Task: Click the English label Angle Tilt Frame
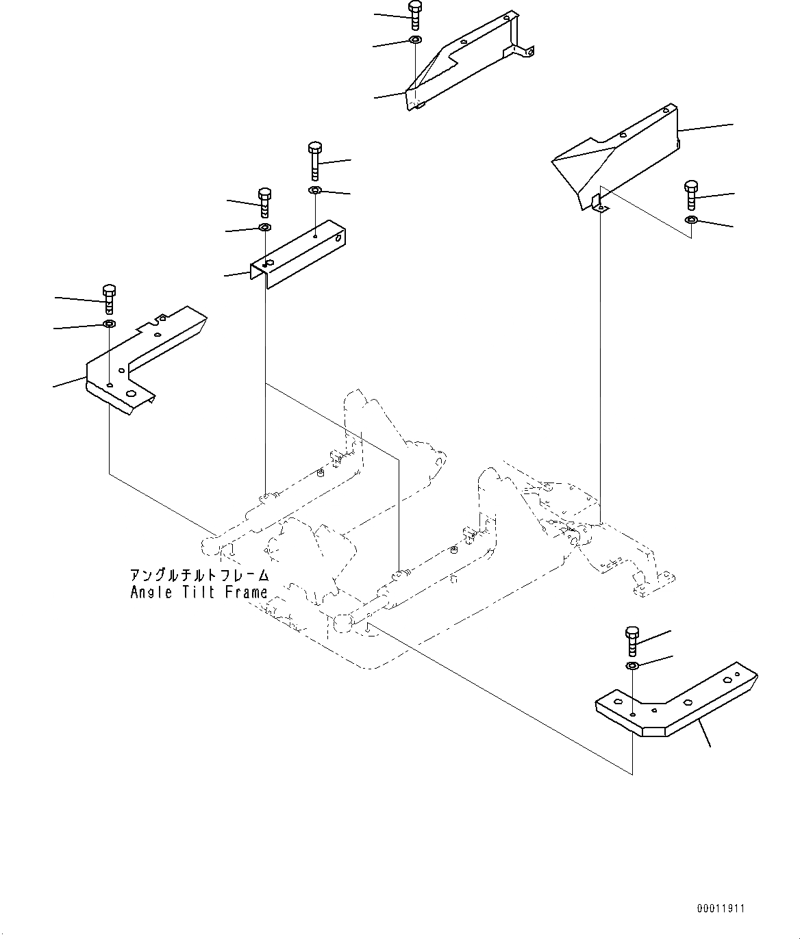click(199, 592)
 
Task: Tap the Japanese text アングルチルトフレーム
click(199, 576)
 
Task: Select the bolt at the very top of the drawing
click(414, 15)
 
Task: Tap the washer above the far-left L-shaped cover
click(109, 323)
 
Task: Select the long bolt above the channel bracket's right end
click(314, 160)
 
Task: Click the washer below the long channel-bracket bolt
click(314, 190)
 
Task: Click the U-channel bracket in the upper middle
click(301, 253)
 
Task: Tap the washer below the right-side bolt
click(691, 220)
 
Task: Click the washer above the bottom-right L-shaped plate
click(632, 666)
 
